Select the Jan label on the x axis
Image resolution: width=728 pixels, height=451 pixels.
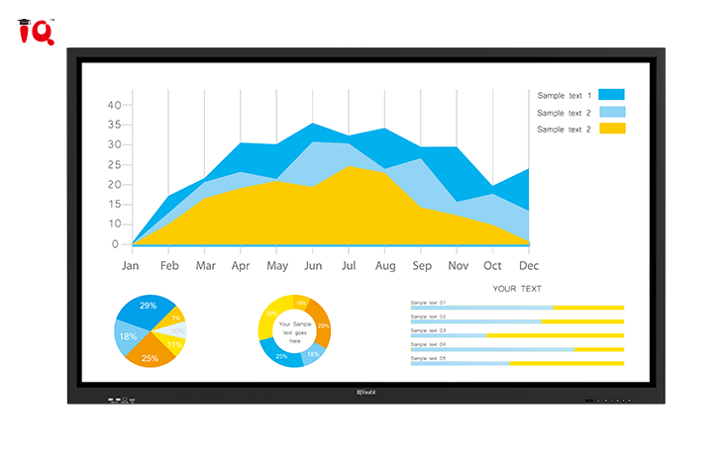(x=130, y=266)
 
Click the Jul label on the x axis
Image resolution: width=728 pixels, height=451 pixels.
(x=348, y=266)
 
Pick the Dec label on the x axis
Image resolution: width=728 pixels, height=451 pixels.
(x=528, y=266)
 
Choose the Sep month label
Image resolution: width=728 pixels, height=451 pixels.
(x=421, y=266)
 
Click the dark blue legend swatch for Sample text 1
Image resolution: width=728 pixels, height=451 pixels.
(x=611, y=95)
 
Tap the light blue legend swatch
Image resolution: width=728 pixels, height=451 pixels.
(x=611, y=112)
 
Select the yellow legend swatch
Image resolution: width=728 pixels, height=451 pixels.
(x=611, y=129)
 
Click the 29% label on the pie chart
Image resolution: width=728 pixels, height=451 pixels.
(x=148, y=306)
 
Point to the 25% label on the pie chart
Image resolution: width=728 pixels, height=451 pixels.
(x=150, y=358)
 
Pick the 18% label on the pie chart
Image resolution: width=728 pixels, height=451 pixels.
(x=128, y=336)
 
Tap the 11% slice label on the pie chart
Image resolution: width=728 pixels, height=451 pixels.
(x=174, y=345)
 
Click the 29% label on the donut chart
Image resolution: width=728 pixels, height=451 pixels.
(x=323, y=325)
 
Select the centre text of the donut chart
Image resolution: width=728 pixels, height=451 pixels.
(x=294, y=331)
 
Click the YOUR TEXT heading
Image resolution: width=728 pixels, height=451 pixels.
(x=517, y=289)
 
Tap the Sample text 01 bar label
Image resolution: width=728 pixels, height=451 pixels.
(x=428, y=303)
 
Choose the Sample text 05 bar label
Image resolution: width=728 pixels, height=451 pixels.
(x=428, y=358)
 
